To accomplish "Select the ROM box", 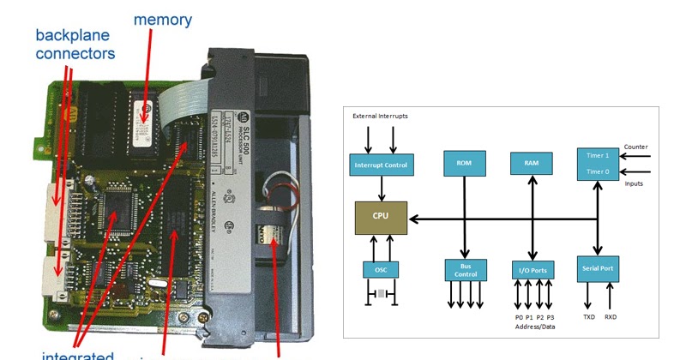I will tap(463, 163).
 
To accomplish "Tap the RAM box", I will tap(532, 163).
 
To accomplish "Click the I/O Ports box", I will tap(533, 269).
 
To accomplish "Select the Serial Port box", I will tap(599, 267).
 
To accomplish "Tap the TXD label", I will tap(589, 316).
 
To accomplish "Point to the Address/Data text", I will tap(533, 327).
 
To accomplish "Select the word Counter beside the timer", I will tap(636, 147).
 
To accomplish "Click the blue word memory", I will tap(163, 19).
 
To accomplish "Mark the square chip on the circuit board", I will tap(115, 209).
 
